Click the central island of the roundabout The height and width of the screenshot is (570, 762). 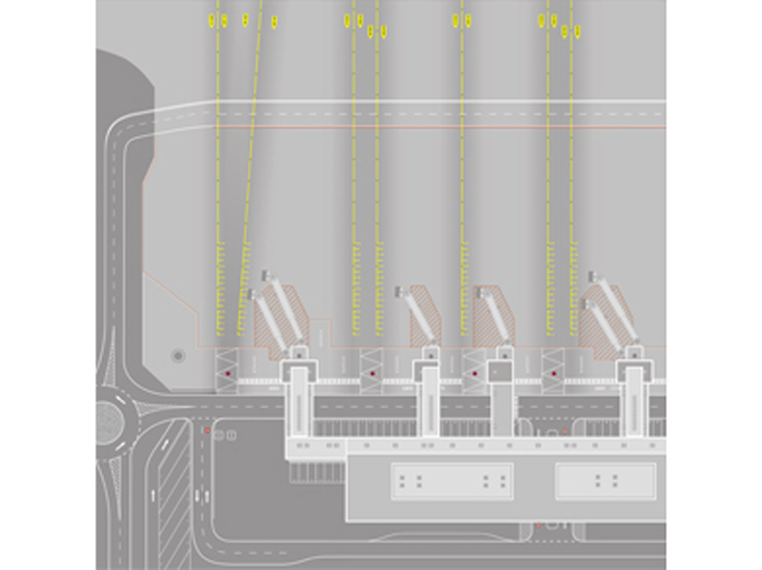pos(112,419)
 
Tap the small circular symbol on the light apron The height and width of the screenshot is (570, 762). pos(177,356)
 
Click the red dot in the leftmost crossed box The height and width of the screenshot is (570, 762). pos(229,374)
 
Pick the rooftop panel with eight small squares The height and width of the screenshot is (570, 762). pos(452,481)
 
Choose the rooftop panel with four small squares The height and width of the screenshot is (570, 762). pos(605,481)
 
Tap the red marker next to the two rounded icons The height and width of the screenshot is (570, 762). pos(207,431)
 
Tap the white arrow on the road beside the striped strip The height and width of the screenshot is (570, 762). pos(153,495)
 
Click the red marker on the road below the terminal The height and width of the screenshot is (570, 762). pos(539,524)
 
